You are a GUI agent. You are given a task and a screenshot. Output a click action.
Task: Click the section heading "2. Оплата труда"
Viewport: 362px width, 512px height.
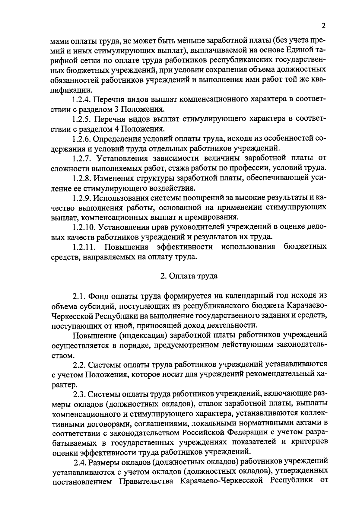189,276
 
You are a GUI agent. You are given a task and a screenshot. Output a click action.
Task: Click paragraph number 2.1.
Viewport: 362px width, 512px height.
79,295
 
